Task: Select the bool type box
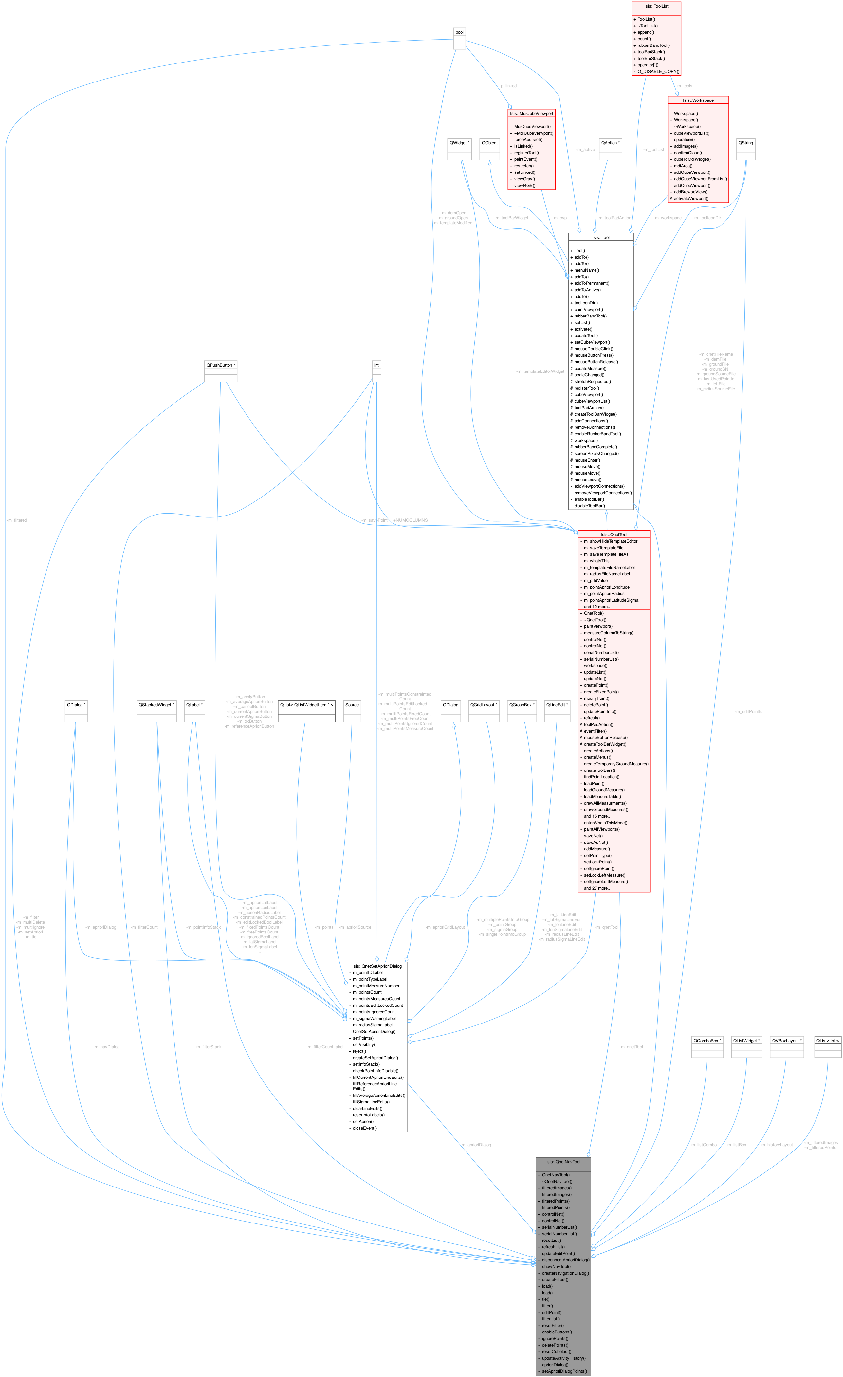459,32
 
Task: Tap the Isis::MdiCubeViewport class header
531,114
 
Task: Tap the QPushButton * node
220,365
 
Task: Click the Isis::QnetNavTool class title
563,1162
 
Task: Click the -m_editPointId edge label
748,712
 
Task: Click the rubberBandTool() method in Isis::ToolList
653,45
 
